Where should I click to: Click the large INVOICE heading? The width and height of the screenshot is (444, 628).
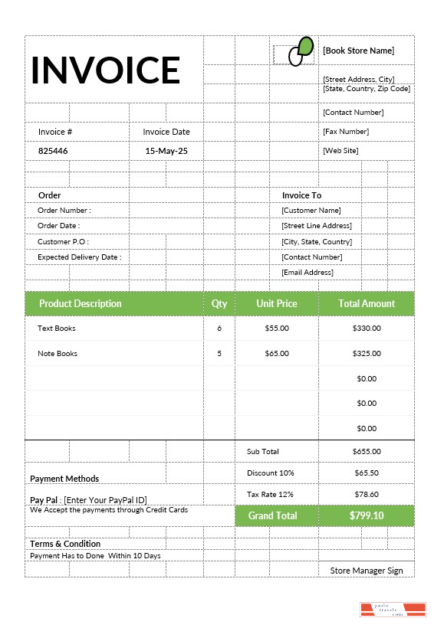click(x=106, y=70)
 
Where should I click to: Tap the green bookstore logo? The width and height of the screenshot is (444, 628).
click(x=300, y=51)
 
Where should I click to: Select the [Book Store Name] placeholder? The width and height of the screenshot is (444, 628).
click(x=358, y=51)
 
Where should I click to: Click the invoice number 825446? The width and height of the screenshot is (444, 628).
click(x=53, y=151)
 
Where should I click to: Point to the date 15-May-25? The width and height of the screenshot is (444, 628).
click(x=166, y=151)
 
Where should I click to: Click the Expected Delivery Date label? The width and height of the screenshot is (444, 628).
click(x=79, y=257)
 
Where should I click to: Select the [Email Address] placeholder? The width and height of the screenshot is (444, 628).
click(x=307, y=273)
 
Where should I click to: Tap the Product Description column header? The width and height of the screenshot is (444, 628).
click(x=81, y=303)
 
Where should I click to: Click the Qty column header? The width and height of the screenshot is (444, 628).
click(x=219, y=303)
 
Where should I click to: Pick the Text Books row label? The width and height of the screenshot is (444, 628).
click(x=57, y=329)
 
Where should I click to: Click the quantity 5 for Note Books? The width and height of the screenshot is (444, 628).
click(x=219, y=354)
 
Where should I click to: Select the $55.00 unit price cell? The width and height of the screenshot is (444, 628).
click(x=277, y=329)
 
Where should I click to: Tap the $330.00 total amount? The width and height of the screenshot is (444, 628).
click(x=367, y=329)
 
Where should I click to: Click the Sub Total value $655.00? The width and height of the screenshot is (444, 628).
click(x=367, y=452)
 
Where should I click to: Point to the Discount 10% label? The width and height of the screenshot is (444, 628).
click(x=270, y=473)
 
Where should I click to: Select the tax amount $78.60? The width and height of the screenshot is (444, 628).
click(x=367, y=495)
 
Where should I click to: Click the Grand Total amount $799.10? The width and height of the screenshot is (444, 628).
click(x=367, y=515)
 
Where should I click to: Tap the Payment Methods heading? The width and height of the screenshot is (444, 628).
click(x=64, y=479)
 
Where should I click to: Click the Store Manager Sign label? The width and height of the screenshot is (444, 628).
click(x=367, y=571)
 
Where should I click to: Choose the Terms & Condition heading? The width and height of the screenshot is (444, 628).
click(x=65, y=544)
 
